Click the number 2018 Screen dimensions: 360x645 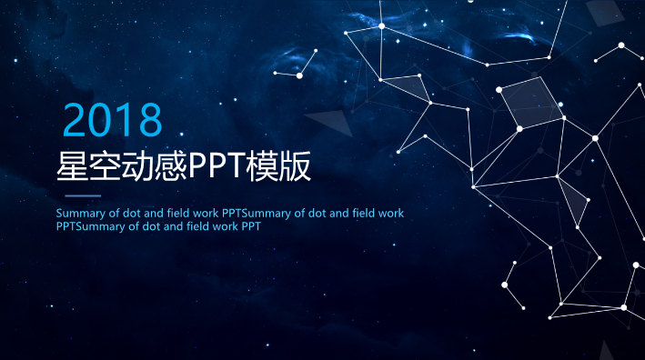coord(113,120)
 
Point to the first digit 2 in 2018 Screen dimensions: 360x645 coord(76,120)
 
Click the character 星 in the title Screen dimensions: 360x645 coord(72,166)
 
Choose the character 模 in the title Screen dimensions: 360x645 coord(265,166)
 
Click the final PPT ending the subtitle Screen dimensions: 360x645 coord(252,226)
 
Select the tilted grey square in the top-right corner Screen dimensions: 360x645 coord(603,10)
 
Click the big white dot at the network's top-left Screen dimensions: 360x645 coord(382,26)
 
